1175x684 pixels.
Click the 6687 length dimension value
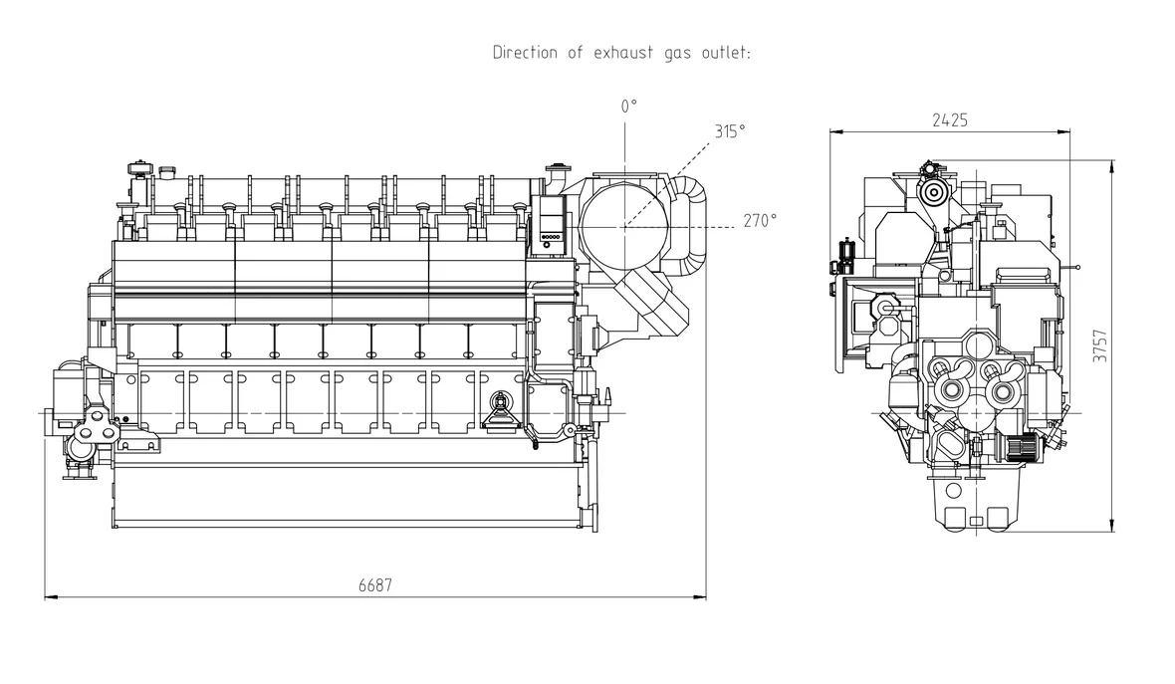[375, 586]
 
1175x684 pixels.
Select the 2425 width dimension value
[950, 119]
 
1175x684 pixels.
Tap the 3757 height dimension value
[1099, 345]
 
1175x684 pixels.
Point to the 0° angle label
[628, 106]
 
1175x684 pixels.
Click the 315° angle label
[729, 130]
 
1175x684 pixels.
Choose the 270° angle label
[760, 221]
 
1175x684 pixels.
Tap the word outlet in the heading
[724, 52]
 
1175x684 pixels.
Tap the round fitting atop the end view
[933, 190]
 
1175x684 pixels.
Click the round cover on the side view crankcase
[499, 402]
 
